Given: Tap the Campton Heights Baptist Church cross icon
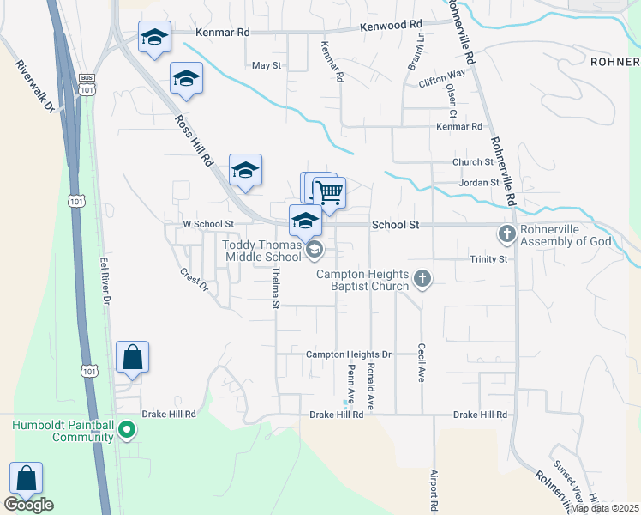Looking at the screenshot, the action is pos(422,277).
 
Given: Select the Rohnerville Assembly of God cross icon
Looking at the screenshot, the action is pos(506,233).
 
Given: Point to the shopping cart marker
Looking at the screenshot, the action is pos(328,193).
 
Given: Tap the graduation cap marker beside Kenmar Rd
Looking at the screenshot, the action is pos(154,38).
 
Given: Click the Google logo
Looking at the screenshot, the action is pos(28,504).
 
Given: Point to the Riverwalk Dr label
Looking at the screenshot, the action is pos(35,85).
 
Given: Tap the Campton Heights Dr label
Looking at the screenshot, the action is pos(348,354).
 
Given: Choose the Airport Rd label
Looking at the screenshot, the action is pos(434,492).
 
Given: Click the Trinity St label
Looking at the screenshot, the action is pos(488,258).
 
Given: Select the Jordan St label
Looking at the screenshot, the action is pos(478,183).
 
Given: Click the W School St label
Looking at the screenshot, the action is pos(208,224).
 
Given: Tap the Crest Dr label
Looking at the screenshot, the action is pos(194,279).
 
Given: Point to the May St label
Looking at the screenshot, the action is pos(267,65).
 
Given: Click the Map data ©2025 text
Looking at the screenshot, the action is pos(604,508).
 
